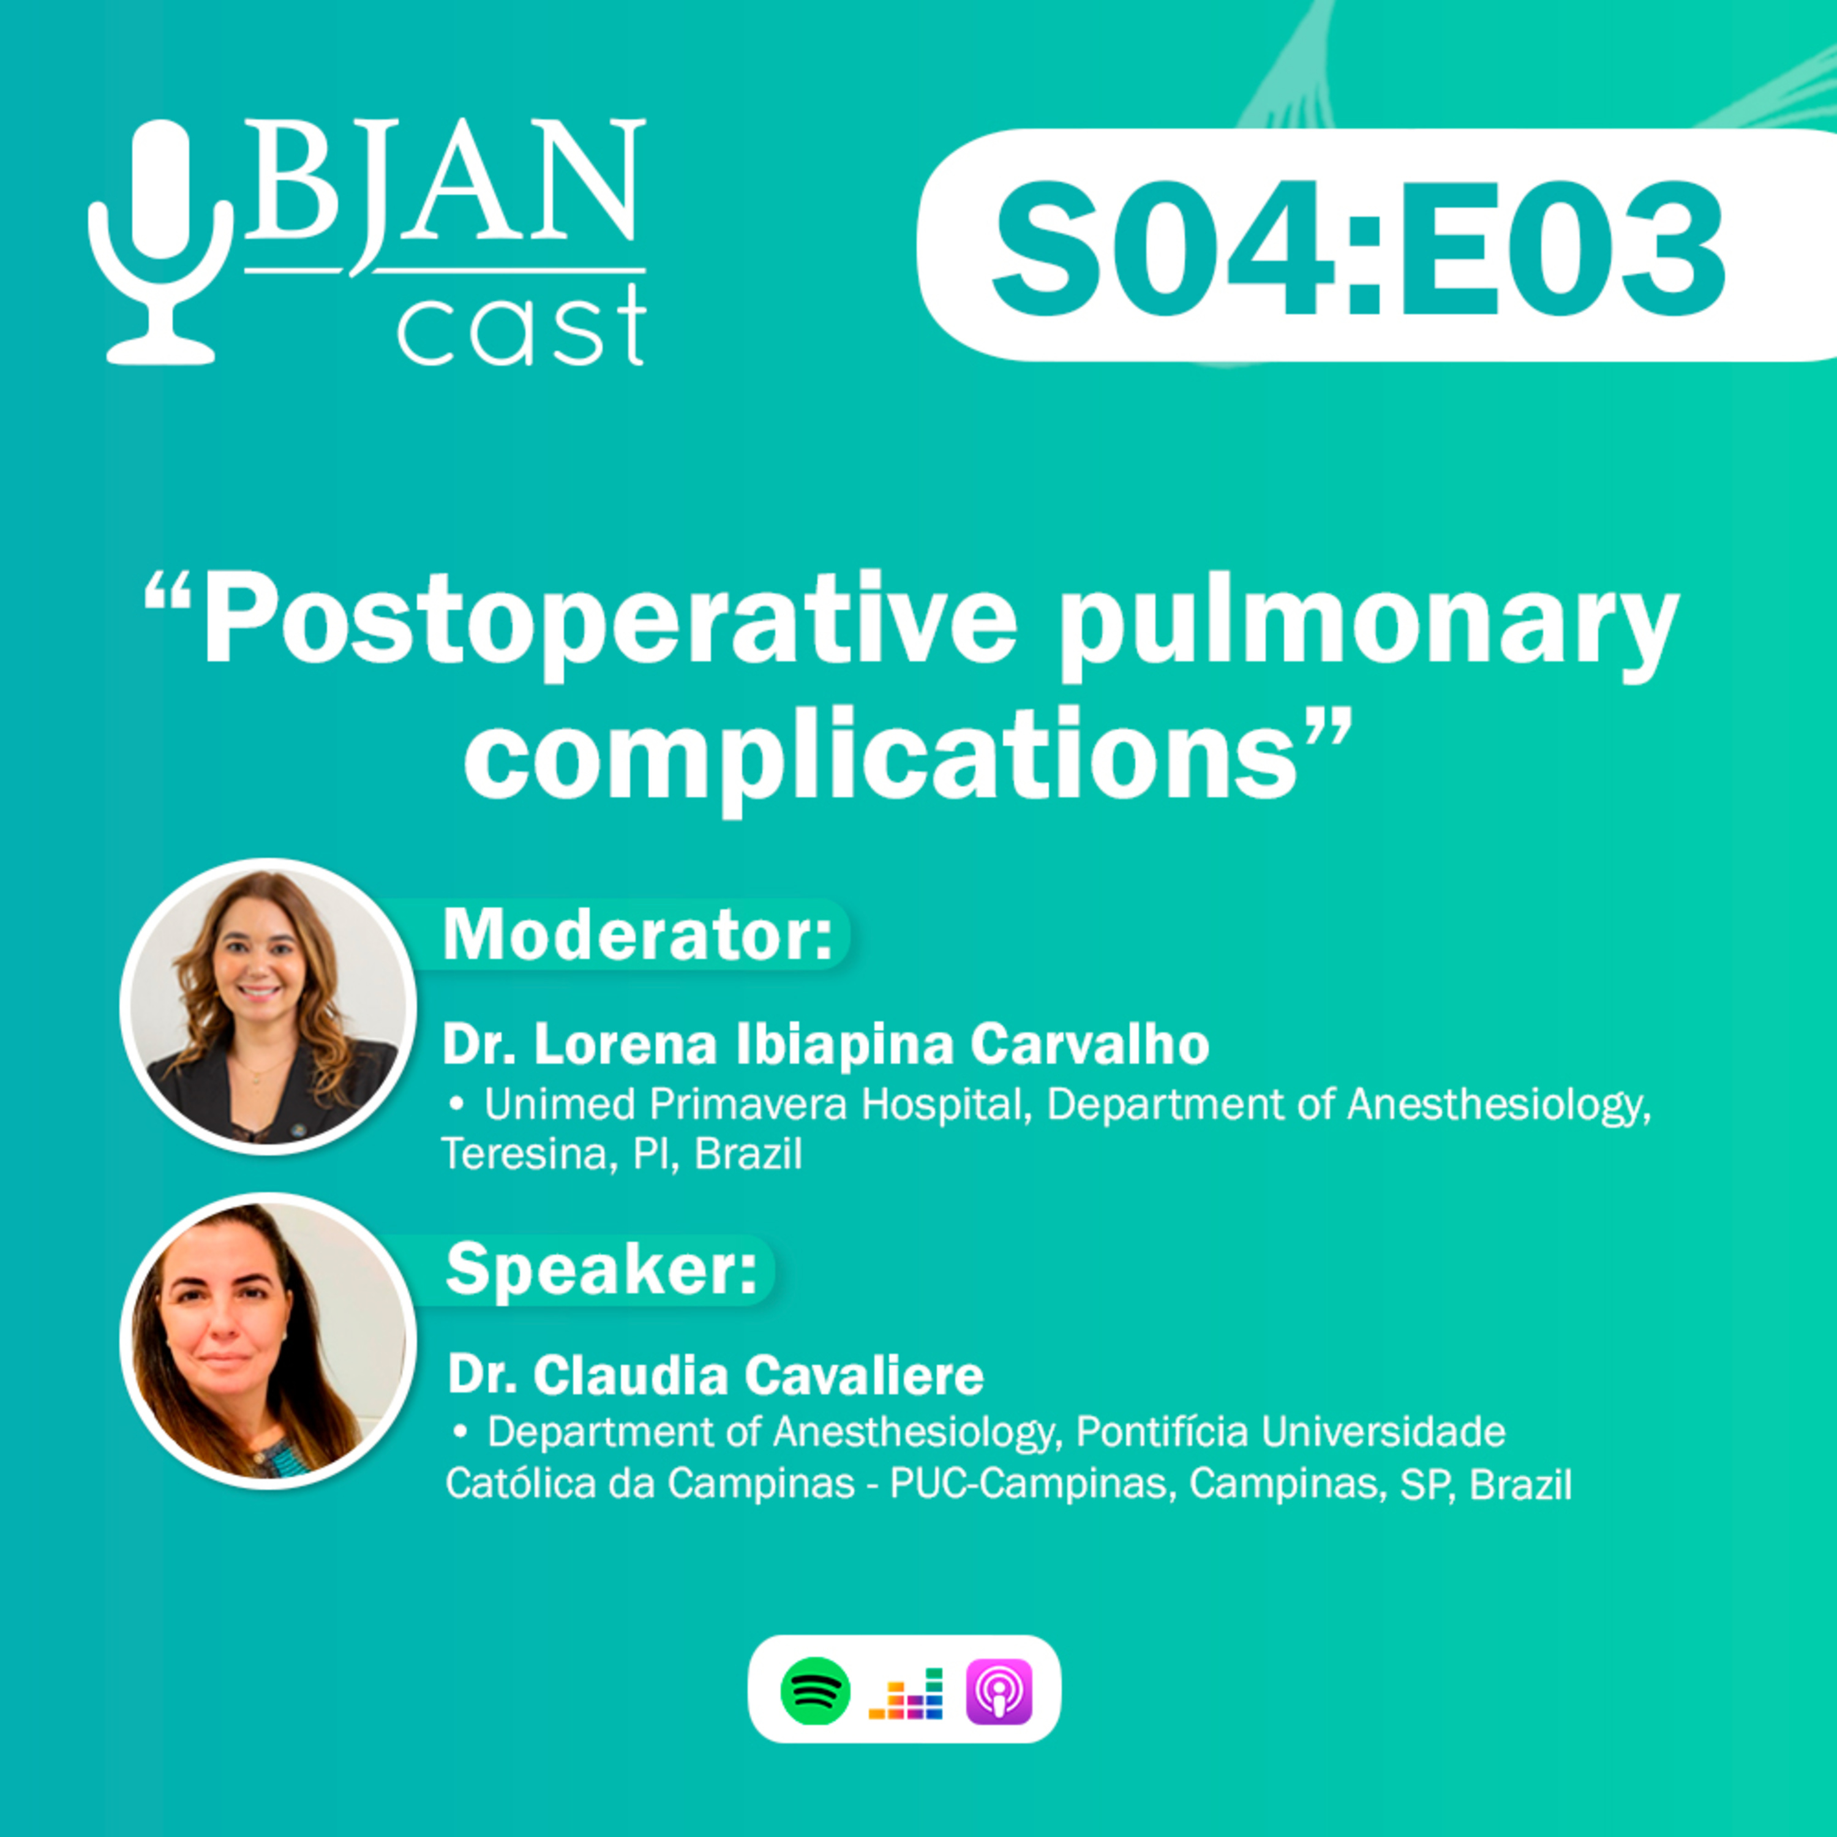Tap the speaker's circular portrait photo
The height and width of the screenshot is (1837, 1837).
click(268, 1340)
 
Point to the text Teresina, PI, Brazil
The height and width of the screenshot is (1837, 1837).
click(622, 1154)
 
